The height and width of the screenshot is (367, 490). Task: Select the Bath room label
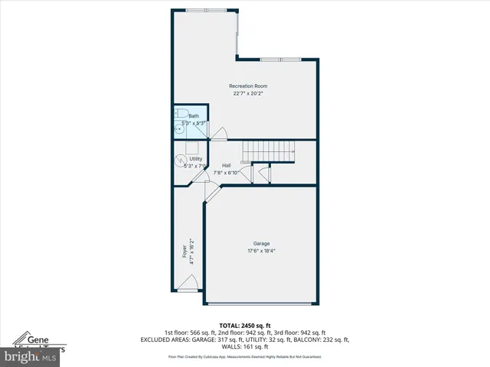click(x=194, y=115)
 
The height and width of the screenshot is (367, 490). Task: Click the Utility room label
click(x=196, y=158)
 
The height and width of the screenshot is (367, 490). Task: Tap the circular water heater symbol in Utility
click(x=181, y=161)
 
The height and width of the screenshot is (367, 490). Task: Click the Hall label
click(x=227, y=165)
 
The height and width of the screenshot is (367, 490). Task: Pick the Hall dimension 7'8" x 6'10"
click(x=227, y=173)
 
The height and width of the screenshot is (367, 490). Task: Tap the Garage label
click(x=261, y=243)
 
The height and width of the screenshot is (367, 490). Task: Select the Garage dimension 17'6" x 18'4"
click(x=261, y=251)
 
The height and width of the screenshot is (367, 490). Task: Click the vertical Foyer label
click(x=184, y=252)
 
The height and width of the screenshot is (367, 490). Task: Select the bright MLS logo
click(x=31, y=356)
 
